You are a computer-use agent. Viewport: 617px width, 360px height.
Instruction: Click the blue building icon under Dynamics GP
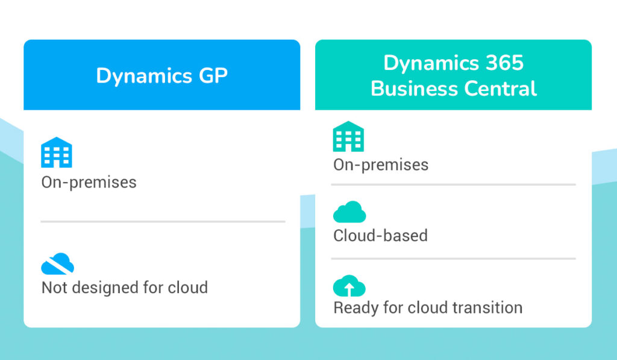coord(57,153)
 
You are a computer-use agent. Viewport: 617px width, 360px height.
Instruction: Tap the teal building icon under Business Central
coord(348,136)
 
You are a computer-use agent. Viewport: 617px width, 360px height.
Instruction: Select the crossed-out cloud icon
coord(57,264)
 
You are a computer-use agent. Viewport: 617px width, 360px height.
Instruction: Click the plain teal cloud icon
coord(349,212)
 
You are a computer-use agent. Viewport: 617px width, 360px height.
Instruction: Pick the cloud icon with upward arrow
coord(349,286)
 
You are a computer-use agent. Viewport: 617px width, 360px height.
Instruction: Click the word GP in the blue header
coord(213,75)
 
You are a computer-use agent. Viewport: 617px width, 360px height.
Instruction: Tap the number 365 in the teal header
coord(504,63)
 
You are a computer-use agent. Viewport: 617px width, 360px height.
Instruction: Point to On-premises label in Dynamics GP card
coord(89,182)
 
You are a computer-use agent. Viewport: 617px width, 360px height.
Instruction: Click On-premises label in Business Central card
coord(381,165)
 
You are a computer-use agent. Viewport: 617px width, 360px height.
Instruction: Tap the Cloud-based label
coord(381,236)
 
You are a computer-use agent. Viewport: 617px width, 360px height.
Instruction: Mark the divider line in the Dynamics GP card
coord(163,222)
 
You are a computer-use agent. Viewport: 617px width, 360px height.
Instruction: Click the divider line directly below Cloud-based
coord(453,259)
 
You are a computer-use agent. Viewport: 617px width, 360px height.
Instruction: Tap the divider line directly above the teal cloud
coord(453,185)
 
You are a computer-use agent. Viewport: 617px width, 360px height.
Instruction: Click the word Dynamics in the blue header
coord(144,75)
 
